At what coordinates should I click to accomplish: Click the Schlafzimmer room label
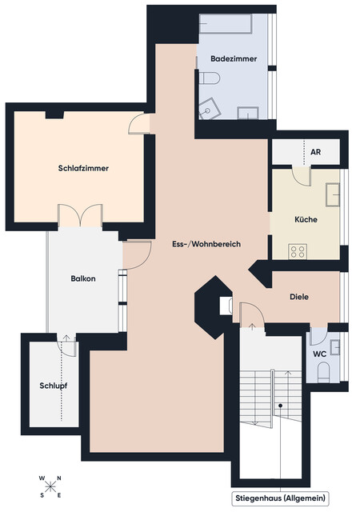pyautogui.click(x=83, y=169)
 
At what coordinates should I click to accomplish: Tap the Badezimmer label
pyautogui.click(x=233, y=60)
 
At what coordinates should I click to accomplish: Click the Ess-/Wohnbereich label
pyautogui.click(x=206, y=243)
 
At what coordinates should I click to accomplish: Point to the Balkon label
pyautogui.click(x=83, y=278)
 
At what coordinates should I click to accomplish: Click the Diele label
pyautogui.click(x=299, y=297)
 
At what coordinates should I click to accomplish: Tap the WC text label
pyautogui.click(x=319, y=353)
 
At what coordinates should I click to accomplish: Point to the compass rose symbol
pyautogui.click(x=51, y=485)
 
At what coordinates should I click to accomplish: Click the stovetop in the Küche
pyautogui.click(x=298, y=250)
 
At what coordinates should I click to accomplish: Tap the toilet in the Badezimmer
pyautogui.click(x=210, y=78)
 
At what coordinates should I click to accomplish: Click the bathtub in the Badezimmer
pyautogui.click(x=229, y=24)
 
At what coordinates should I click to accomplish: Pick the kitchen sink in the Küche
pyautogui.click(x=333, y=193)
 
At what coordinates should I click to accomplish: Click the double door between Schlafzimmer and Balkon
pyautogui.click(x=80, y=215)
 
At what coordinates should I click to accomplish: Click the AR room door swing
pyautogui.click(x=301, y=177)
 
